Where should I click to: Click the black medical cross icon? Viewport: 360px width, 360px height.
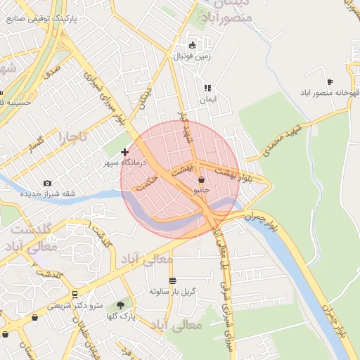coord(125,152)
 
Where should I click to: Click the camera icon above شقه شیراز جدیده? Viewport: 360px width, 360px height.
coord(47,184)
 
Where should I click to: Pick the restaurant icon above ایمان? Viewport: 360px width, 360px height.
coord(207,89)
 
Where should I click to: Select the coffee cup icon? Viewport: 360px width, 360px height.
coord(330,82)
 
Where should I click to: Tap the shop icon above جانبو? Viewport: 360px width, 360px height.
coord(201,179)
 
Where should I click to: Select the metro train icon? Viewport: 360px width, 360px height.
coord(75,294)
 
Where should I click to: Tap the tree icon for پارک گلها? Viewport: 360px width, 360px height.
coord(120,305)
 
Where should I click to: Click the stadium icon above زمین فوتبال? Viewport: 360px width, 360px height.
coord(191,45)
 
